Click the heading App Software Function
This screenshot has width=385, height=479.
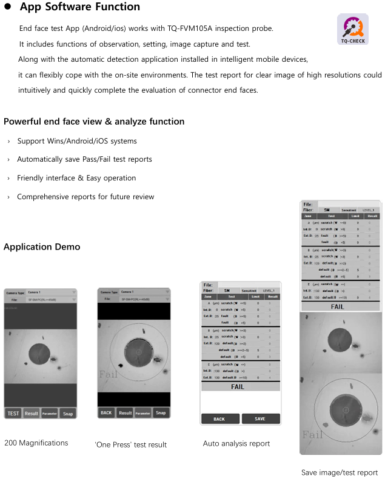[80, 7]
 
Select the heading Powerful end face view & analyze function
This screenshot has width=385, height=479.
[94, 121]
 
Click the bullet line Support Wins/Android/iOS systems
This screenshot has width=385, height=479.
[77, 141]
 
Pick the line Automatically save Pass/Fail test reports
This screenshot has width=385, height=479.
[84, 159]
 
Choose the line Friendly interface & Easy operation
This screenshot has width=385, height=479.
[76, 178]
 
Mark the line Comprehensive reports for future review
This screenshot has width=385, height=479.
[85, 197]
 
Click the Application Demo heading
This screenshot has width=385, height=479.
[42, 246]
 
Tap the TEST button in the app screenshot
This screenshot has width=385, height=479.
[13, 414]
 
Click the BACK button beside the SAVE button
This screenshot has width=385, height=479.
[219, 418]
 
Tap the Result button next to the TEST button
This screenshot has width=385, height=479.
[31, 414]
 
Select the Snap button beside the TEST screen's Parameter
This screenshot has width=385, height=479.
[68, 414]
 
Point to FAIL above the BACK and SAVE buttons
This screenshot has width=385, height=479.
[238, 386]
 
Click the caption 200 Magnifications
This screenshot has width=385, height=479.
[36, 443]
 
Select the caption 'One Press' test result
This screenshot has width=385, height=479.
[130, 444]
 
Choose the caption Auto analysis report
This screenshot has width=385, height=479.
[236, 443]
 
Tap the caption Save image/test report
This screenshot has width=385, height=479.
[340, 472]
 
